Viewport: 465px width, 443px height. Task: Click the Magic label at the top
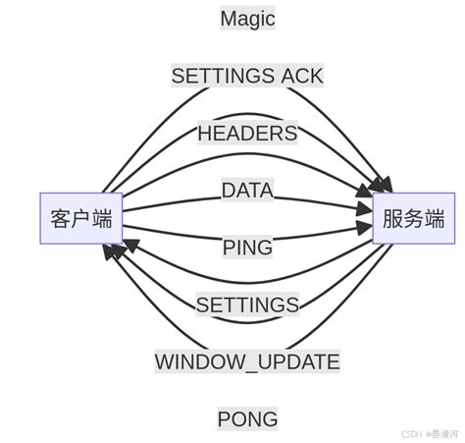point(247,18)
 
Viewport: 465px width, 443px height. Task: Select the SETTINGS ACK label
point(247,76)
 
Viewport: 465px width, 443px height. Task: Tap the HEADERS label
point(247,133)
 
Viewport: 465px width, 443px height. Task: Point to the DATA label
point(247,191)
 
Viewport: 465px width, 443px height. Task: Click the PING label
point(247,248)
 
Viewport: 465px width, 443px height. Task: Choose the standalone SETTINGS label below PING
point(247,305)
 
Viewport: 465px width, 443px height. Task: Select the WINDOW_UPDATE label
point(247,362)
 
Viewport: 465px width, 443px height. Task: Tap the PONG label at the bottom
point(247,419)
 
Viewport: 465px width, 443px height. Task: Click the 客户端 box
point(81,218)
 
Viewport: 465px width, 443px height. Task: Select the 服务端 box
point(413,218)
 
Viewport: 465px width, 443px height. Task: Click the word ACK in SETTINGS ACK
point(301,76)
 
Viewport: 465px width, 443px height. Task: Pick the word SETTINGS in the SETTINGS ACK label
point(224,76)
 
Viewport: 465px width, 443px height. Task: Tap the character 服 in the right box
point(392,218)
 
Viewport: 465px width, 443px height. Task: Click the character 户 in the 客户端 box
point(81,218)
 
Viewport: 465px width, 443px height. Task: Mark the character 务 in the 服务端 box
point(413,218)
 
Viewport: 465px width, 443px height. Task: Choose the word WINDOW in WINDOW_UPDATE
point(195,362)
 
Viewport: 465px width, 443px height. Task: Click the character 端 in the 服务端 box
point(434,218)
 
